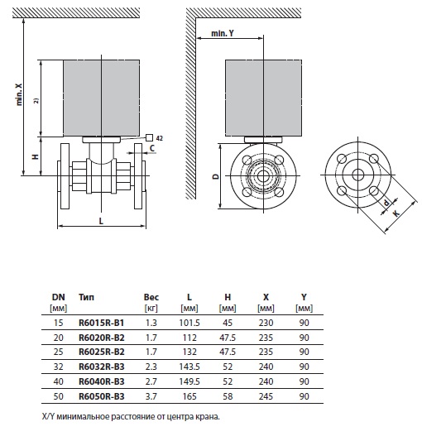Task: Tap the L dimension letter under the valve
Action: (101, 222)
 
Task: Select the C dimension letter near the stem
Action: (152, 147)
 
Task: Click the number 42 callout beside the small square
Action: (160, 137)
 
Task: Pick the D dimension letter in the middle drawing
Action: (213, 176)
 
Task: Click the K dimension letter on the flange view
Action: (397, 213)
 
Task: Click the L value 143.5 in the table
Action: (189, 367)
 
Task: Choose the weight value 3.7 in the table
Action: (151, 396)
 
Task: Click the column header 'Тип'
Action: (86, 296)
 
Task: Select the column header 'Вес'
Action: (151, 296)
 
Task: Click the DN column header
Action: (58, 296)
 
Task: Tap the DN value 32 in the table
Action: (58, 367)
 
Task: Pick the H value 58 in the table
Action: (228, 396)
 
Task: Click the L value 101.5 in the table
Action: (189, 322)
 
